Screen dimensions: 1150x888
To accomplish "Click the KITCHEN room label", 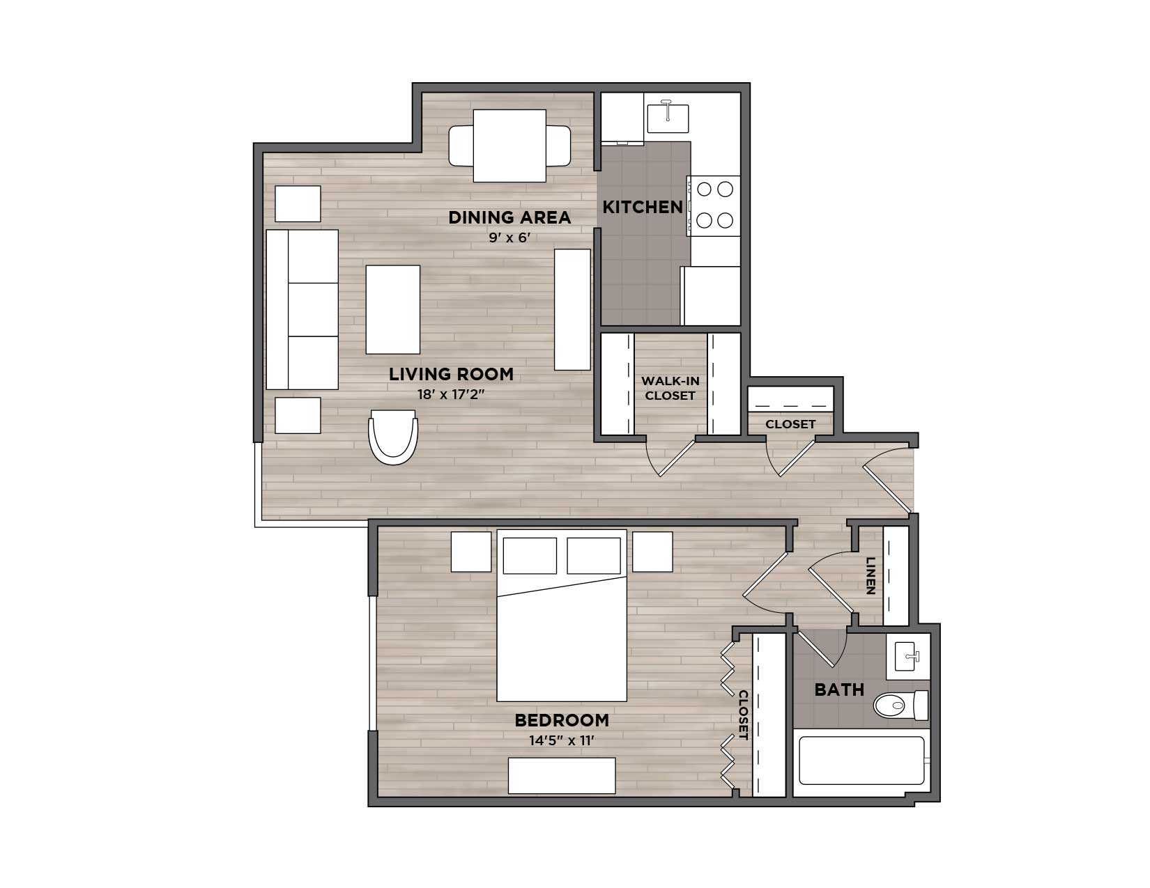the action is tap(643, 208).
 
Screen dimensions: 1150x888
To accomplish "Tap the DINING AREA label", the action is tap(509, 217).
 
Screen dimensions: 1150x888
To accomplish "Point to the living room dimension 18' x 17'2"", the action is tap(451, 394).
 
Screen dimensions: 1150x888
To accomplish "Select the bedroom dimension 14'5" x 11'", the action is tap(562, 740).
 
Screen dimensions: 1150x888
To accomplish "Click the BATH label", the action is tap(839, 690).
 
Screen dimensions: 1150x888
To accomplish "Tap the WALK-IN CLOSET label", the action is tap(670, 388).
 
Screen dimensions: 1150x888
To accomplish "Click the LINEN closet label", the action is tap(871, 576).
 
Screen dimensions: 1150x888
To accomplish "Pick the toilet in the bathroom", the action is tap(900, 705).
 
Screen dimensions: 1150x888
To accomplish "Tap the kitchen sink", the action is tap(668, 118).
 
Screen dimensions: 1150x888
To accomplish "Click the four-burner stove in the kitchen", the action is tap(714, 205).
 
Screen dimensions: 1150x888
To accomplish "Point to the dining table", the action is tap(509, 146).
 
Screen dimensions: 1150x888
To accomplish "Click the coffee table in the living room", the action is tap(392, 309).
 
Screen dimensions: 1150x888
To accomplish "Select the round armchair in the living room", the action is tap(393, 437).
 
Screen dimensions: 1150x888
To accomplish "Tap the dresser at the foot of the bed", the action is tap(562, 776).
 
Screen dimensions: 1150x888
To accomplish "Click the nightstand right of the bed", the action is tap(652, 552).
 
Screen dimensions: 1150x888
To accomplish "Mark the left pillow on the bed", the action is tap(530, 555).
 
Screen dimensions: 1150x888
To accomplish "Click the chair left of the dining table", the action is tap(461, 146).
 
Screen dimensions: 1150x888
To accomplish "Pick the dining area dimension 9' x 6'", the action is tap(509, 237).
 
